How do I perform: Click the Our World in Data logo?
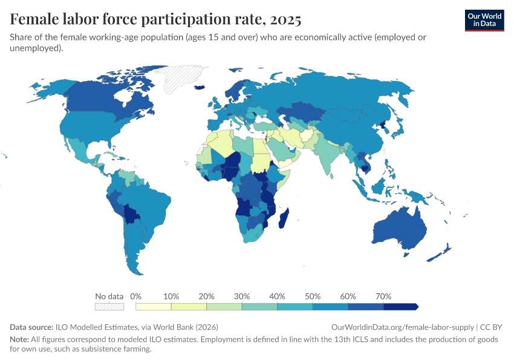click(x=484, y=20)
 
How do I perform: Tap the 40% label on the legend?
click(x=277, y=296)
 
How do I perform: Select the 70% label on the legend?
click(x=383, y=296)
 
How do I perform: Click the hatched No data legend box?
click(x=109, y=307)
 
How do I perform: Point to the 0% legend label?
click(x=135, y=296)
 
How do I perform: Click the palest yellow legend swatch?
click(x=154, y=307)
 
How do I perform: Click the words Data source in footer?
click(x=31, y=327)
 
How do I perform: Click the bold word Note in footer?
click(x=19, y=339)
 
